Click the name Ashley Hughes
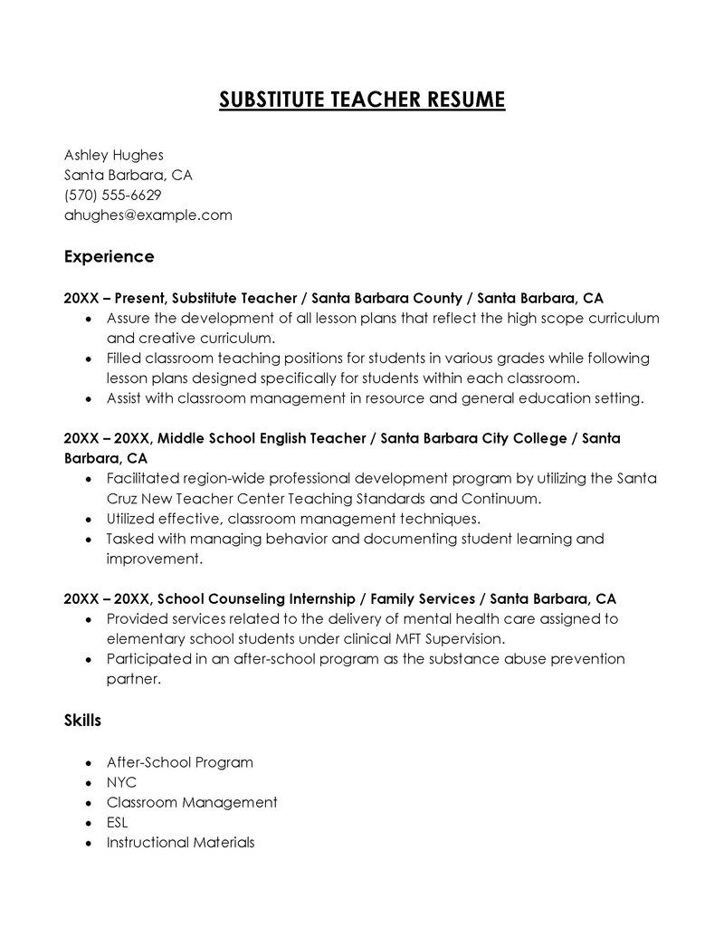tap(113, 155)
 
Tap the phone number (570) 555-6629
tap(112, 195)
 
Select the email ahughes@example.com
tap(148, 215)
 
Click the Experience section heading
tap(109, 256)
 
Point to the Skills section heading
tap(82, 721)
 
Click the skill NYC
tap(121, 782)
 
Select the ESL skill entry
tap(117, 822)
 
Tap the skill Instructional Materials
tap(180, 842)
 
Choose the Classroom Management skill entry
tap(191, 802)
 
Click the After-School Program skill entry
tap(179, 762)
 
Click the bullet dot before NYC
tap(88, 783)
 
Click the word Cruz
tap(123, 499)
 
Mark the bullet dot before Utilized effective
tap(88, 520)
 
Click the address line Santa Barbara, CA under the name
tap(128, 175)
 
